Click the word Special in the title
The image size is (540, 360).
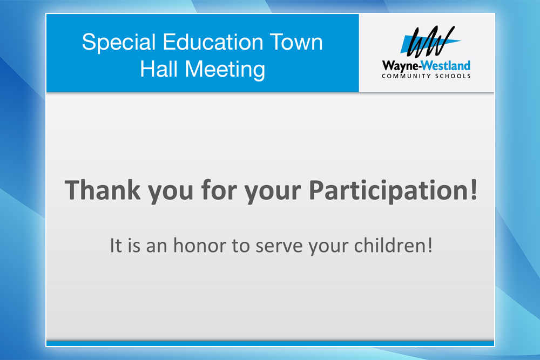click(x=119, y=43)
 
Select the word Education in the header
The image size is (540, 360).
click(x=213, y=42)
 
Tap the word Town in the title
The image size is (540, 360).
click(x=296, y=42)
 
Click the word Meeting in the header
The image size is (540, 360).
click(x=225, y=70)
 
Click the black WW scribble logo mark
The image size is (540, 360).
click(x=430, y=42)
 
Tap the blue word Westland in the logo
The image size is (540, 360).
click(x=446, y=65)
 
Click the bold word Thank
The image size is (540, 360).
click(x=103, y=189)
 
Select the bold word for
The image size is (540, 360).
click(x=219, y=189)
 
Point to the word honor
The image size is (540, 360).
click(x=200, y=246)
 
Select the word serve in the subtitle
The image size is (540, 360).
click(x=279, y=247)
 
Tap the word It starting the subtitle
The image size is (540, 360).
click(x=116, y=246)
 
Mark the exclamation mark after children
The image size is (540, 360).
click(x=429, y=246)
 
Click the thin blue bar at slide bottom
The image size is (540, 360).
click(x=271, y=343)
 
